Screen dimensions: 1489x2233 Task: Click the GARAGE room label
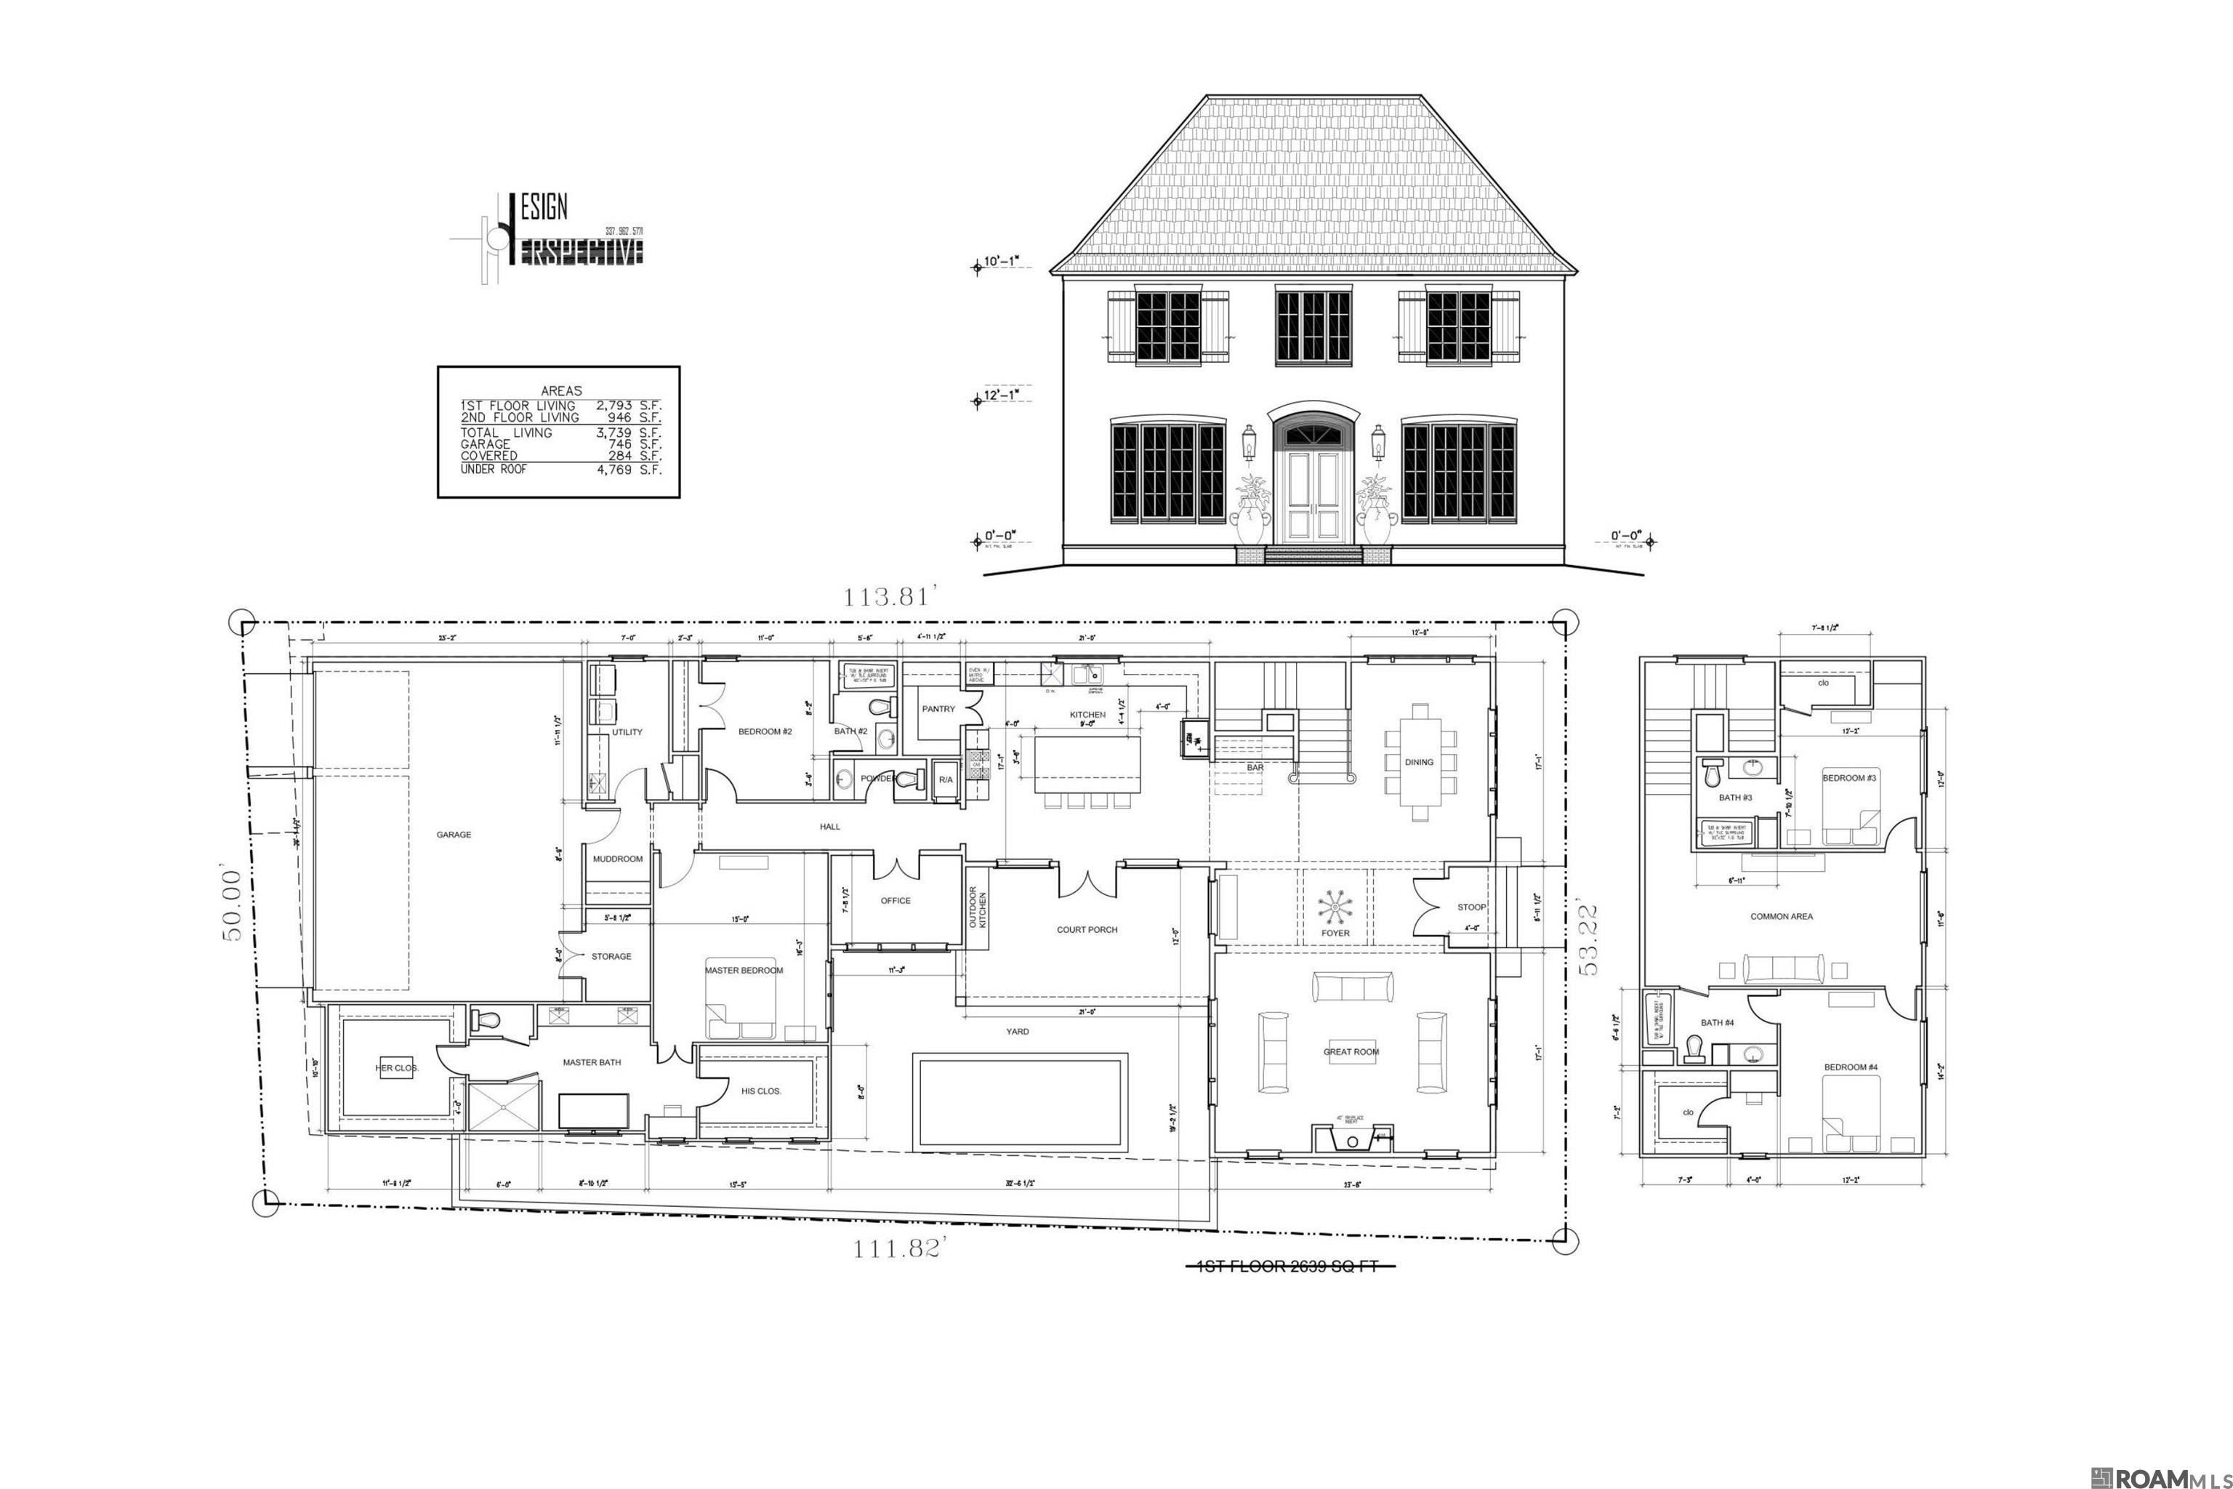pos(453,835)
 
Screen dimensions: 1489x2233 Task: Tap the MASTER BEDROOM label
pos(744,971)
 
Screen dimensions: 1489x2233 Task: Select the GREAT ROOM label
pos(1351,1052)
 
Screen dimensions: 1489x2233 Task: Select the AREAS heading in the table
pos(561,390)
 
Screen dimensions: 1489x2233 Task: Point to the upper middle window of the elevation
pos(1312,326)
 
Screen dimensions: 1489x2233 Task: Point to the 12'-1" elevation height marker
pos(1002,394)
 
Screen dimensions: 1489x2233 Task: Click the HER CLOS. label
pos(397,1068)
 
